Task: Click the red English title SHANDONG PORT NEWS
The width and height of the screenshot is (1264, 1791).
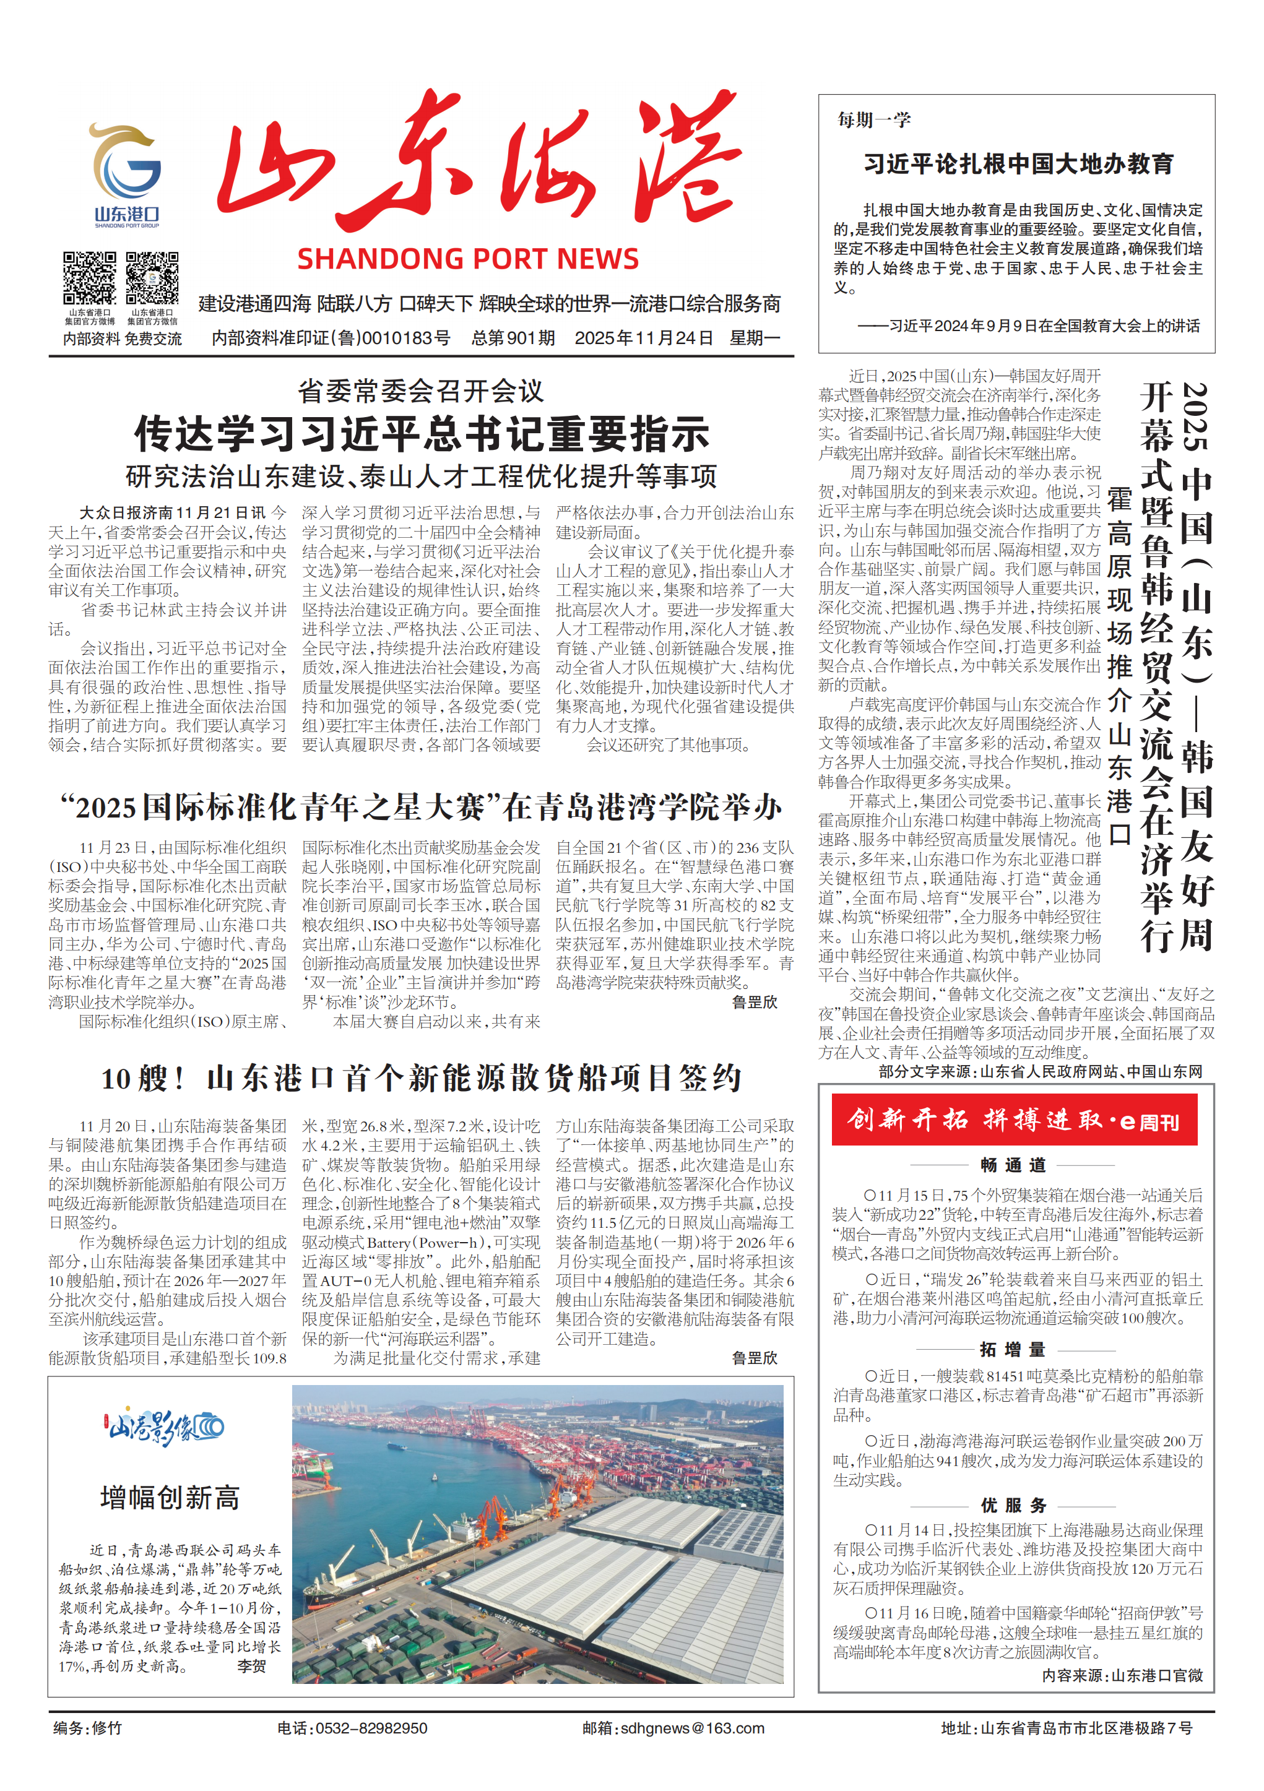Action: tap(467, 259)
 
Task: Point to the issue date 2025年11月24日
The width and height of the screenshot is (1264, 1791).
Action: tap(644, 338)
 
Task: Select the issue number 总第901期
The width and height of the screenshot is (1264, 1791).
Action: tap(513, 338)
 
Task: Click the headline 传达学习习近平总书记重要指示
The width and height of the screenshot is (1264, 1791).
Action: tap(422, 434)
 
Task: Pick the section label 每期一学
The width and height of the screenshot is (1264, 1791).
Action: tap(874, 119)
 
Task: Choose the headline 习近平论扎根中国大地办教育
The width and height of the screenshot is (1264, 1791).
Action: tap(1018, 164)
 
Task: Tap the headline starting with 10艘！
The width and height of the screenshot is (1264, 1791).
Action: tap(422, 1078)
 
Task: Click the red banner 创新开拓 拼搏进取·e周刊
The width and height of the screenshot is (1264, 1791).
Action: tap(1013, 1121)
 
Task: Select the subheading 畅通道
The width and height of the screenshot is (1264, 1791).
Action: tap(1013, 1165)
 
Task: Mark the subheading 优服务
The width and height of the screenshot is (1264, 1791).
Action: tap(1013, 1506)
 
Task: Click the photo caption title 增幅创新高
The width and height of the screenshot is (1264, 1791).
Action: tap(170, 1498)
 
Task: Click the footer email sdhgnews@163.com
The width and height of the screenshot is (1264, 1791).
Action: tap(673, 1728)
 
